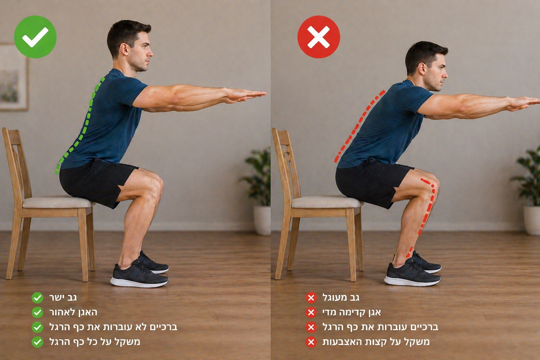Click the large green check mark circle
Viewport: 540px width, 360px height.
click(x=35, y=37)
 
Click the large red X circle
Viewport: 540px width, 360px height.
click(x=319, y=37)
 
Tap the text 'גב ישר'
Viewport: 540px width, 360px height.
click(x=63, y=298)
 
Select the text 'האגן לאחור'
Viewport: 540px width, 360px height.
click(x=73, y=313)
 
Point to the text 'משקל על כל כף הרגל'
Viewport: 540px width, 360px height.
click(x=95, y=342)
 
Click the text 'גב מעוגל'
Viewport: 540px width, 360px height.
click(x=341, y=298)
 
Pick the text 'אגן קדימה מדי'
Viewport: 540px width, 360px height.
click(x=352, y=313)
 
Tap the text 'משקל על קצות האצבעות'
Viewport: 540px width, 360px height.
click(x=376, y=342)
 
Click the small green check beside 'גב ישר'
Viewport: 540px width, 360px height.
click(x=37, y=298)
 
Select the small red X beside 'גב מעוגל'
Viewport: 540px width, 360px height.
click(x=311, y=298)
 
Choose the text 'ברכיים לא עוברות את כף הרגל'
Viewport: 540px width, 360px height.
click(x=113, y=327)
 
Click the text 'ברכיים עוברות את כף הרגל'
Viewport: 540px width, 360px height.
click(x=380, y=327)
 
